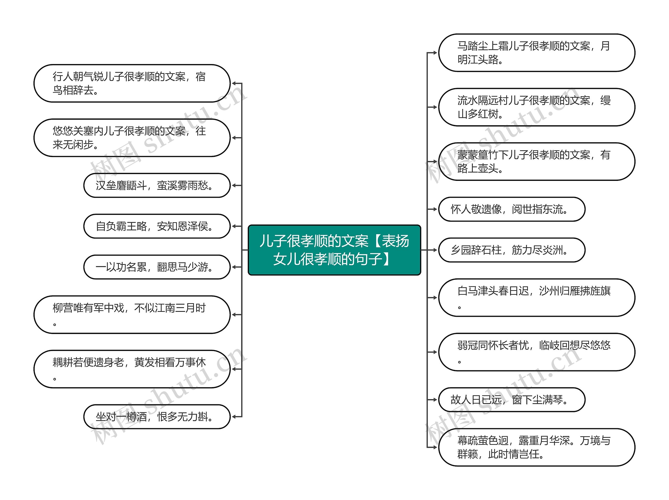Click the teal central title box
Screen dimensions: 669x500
pos(334,250)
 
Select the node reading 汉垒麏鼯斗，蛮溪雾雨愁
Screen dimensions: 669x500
pos(157,185)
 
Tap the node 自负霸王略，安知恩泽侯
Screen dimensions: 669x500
pos(157,226)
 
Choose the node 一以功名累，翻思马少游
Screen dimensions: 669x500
pos(157,267)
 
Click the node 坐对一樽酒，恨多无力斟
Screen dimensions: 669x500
pos(157,417)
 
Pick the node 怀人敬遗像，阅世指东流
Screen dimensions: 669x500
pos(511,209)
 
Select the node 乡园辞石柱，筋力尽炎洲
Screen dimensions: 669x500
pos(511,250)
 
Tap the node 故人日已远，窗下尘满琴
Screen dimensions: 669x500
pos(511,400)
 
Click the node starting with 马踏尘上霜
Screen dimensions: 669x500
pos(537,53)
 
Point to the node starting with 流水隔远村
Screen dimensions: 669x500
pos(537,107)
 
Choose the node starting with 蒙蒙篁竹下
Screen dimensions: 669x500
pos(537,162)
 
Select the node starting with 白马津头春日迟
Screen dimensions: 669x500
pos(537,298)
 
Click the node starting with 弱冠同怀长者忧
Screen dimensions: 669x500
pos(537,352)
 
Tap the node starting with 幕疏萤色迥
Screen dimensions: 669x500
pos(537,447)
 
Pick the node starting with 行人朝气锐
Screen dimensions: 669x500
pos(132,83)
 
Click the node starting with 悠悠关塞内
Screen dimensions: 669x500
pos(132,138)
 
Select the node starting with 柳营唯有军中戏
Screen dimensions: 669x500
pos(132,315)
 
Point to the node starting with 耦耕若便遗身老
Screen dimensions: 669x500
pos(132,369)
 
